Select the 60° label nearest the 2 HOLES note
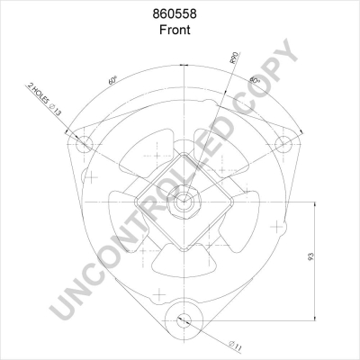pos(112,79)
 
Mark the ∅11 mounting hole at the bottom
pos(184,318)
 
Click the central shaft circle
pos(184,202)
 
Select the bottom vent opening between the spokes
pos(184,260)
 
